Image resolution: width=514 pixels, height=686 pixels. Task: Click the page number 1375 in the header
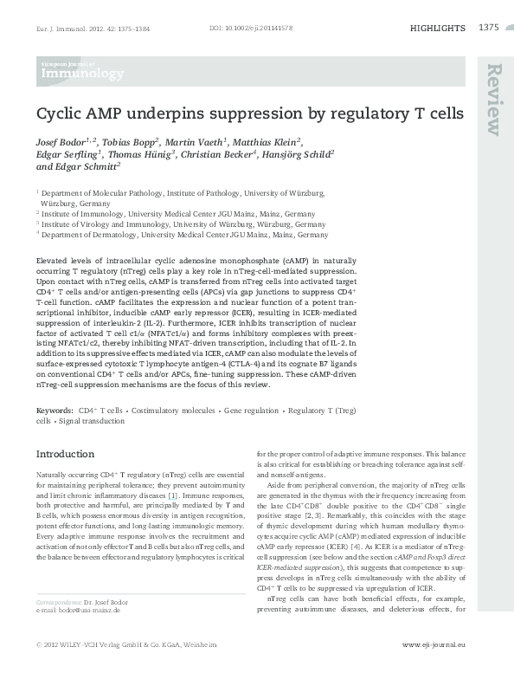point(488,29)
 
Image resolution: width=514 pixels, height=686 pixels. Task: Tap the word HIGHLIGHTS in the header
point(437,29)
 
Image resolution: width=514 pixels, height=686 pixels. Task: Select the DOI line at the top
point(251,29)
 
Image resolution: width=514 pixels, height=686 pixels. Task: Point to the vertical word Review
point(494,100)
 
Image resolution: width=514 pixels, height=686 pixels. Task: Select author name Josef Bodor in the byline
point(66,140)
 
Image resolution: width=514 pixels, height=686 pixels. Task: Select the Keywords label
point(55,408)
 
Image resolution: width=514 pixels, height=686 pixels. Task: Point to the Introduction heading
point(65,454)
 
